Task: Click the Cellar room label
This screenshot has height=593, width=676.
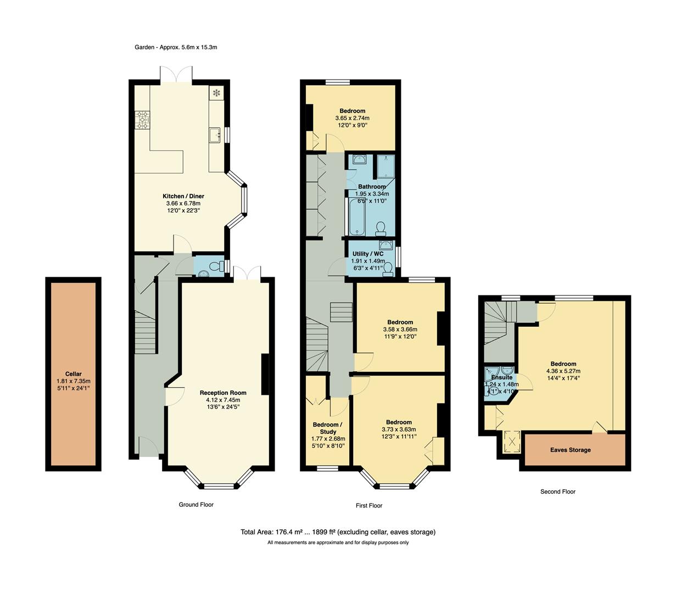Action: [73, 374]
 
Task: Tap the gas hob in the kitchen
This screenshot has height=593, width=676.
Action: [142, 120]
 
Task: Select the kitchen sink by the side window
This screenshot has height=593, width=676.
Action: [215, 135]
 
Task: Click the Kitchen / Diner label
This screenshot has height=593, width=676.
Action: [183, 196]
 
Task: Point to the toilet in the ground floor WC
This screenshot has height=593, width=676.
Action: [217, 266]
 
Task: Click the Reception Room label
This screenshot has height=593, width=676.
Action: [223, 393]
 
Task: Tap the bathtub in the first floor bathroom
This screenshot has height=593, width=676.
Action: [357, 217]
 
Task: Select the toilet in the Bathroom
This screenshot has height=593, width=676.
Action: [381, 228]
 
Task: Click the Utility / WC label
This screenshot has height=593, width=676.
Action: [368, 254]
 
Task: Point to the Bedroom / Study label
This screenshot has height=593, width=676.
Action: [327, 428]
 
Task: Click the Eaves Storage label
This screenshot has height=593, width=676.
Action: [570, 450]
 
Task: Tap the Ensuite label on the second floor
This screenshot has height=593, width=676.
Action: [501, 377]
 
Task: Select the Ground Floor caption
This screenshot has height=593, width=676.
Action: [196, 505]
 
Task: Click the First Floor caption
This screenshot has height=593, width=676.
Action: [368, 506]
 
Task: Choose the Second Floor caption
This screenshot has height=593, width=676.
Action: [558, 491]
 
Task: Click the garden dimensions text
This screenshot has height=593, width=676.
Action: [176, 47]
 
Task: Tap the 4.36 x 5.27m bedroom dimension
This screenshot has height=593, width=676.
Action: [563, 371]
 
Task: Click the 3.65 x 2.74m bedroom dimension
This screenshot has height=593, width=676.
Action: [352, 118]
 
